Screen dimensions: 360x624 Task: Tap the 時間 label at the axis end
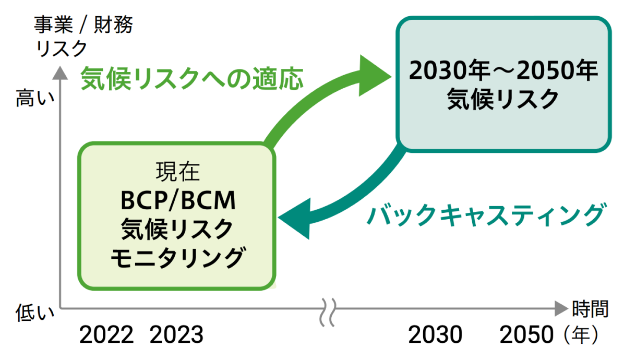pos(590,309)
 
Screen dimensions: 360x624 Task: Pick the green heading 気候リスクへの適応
pos(192,79)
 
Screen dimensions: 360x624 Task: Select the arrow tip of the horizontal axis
pos(560,308)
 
